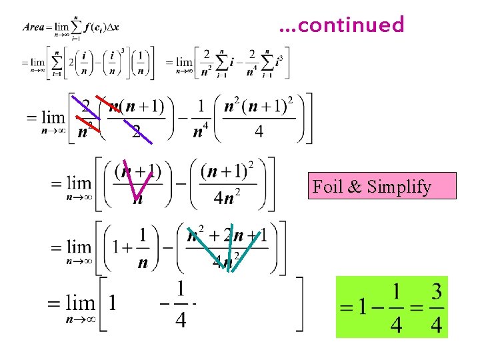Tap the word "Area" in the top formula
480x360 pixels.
tap(34, 27)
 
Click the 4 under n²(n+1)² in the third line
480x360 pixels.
tap(259, 131)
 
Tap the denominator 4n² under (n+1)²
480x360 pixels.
tap(227, 198)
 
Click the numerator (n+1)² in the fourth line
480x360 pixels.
tap(228, 172)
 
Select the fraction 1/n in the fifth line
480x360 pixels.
tap(142, 247)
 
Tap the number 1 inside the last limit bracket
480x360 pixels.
tap(112, 304)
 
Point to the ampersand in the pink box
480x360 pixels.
tap(355, 187)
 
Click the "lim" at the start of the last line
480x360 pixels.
tap(80, 304)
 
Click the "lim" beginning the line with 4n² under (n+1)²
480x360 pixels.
tap(79, 182)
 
